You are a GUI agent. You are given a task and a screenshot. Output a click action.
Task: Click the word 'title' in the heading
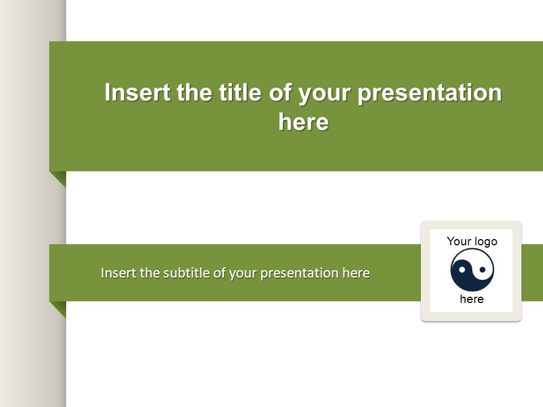[x=240, y=92]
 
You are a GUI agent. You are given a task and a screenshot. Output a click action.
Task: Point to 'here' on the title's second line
[x=303, y=122]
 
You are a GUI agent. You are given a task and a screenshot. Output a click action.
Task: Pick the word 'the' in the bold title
[x=194, y=92]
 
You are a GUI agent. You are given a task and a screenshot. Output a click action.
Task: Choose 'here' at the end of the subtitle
[x=356, y=273]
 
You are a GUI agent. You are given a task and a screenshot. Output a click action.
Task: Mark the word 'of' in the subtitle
[x=219, y=272]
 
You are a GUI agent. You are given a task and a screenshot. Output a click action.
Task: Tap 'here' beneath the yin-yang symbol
[x=472, y=299]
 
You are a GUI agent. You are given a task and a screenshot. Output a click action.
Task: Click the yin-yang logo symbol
[x=472, y=270]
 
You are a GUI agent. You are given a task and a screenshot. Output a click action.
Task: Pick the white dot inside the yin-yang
[x=462, y=270]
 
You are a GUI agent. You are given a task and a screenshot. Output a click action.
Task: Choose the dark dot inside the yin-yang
[x=482, y=269]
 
